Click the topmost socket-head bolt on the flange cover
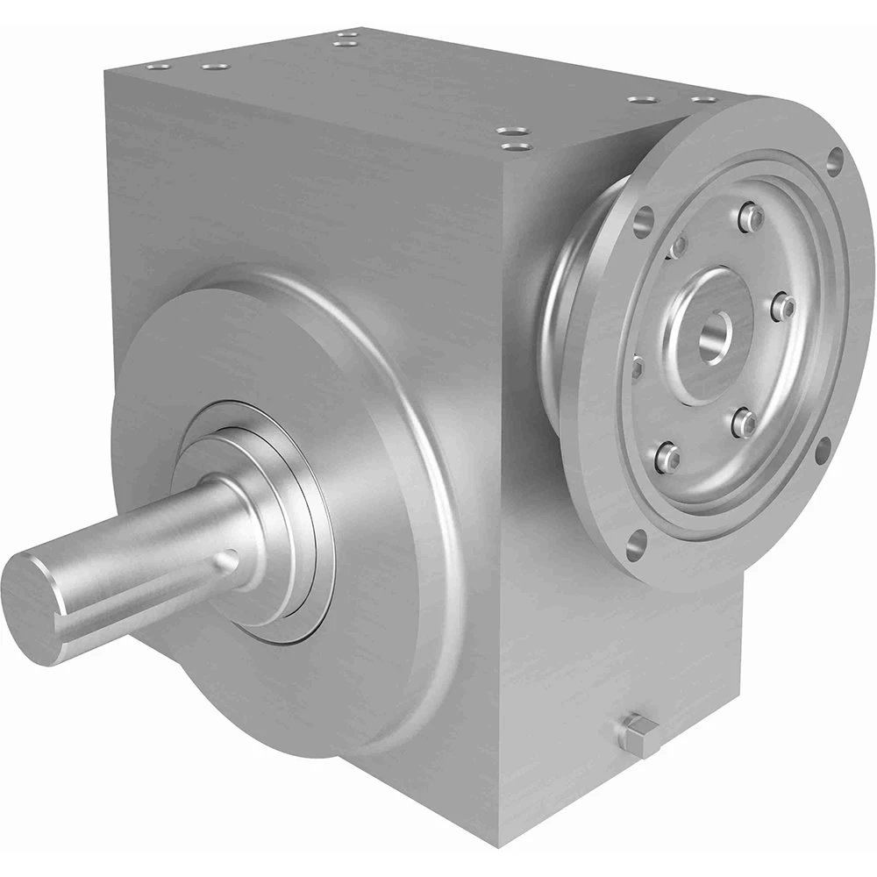click(750, 215)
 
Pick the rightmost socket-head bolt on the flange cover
click(786, 307)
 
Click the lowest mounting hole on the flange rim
click(634, 545)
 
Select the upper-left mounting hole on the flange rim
click(645, 217)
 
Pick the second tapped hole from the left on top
click(209, 66)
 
